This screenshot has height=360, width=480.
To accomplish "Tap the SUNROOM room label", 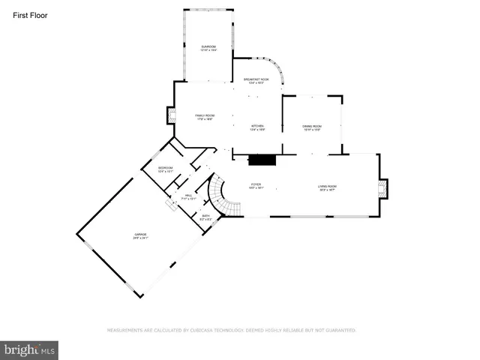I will pyautogui.click(x=208, y=48).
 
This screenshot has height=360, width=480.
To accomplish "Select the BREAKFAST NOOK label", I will pyautogui.click(x=256, y=80).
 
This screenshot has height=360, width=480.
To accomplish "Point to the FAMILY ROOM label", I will pyautogui.click(x=205, y=116).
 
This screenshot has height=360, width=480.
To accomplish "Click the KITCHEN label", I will pyautogui.click(x=258, y=127).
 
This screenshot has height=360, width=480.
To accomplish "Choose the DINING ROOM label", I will pyautogui.click(x=312, y=127).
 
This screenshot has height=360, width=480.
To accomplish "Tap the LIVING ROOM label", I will pyautogui.click(x=327, y=187).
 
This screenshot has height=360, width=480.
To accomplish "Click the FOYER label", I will pyautogui.click(x=256, y=184).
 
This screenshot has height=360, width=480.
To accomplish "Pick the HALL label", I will pyautogui.click(x=189, y=197).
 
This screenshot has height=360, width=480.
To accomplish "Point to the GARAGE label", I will pyautogui.click(x=141, y=236).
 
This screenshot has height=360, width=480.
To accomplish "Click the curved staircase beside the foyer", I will pyautogui.click(x=220, y=193).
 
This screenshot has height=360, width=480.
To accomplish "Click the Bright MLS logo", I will pyautogui.click(x=30, y=349).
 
